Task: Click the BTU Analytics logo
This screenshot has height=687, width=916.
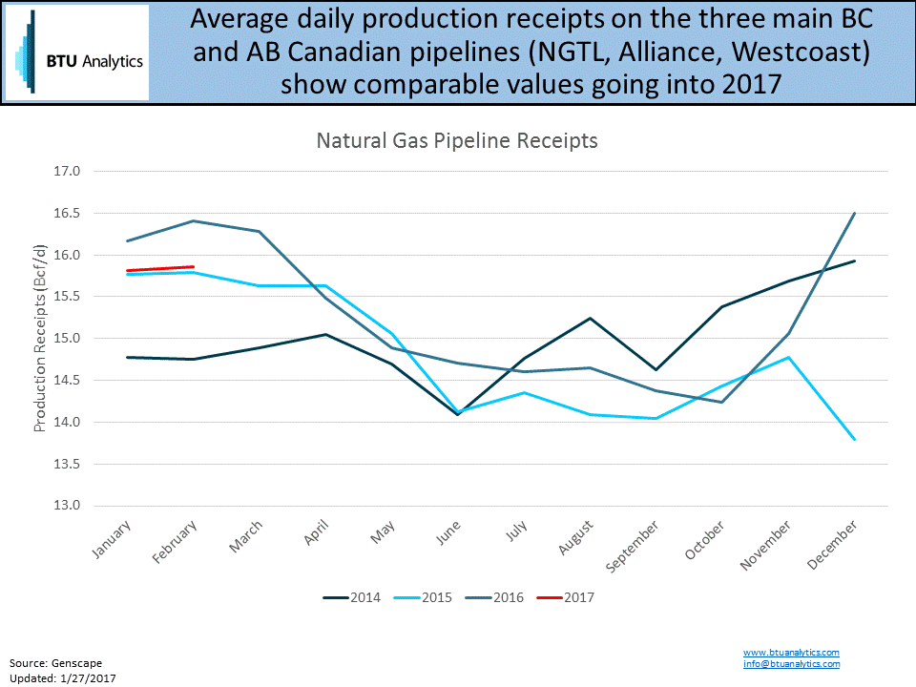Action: coord(76,52)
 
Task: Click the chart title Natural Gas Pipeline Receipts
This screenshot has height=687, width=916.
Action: coord(457,141)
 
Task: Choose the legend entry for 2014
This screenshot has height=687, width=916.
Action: coord(352,598)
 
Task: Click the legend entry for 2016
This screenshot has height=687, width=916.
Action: coord(495,598)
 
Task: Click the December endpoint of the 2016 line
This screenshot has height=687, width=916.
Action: coord(855,213)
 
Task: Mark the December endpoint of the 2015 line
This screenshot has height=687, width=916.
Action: coord(855,439)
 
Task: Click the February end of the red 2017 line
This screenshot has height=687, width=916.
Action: coord(194,266)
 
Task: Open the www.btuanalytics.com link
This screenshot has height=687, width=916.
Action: coord(791,652)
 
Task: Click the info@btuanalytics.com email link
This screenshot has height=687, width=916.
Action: coord(791,663)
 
